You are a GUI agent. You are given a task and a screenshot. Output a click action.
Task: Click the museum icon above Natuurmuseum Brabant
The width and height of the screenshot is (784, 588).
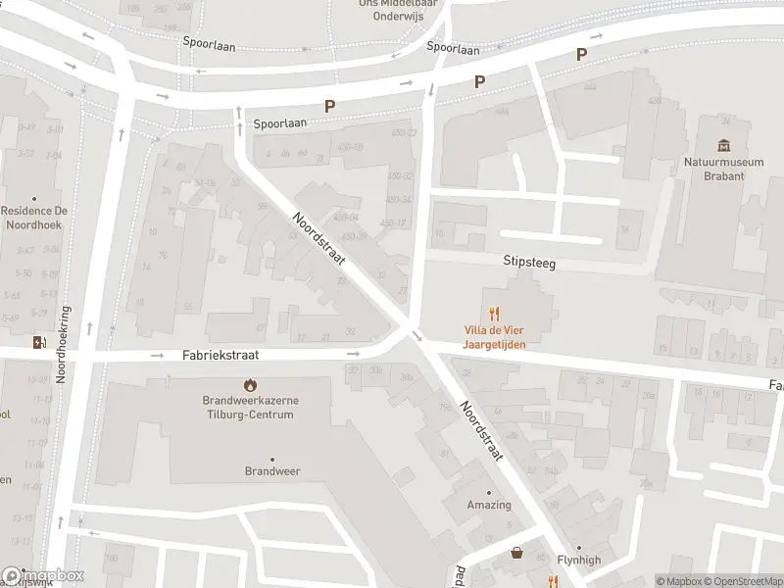724,146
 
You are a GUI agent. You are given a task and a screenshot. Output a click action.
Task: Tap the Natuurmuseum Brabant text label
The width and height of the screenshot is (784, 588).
724,169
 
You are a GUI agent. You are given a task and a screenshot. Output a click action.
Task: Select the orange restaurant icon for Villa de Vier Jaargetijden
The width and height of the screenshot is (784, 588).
495,314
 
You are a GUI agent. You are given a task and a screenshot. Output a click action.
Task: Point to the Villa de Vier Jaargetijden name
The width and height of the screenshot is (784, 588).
495,338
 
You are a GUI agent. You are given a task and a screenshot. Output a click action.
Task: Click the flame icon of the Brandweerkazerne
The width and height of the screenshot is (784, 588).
249,384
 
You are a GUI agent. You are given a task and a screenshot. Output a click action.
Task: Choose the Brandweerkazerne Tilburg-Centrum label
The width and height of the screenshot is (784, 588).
249,408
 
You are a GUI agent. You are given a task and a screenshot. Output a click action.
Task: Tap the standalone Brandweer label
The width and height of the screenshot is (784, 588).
271,471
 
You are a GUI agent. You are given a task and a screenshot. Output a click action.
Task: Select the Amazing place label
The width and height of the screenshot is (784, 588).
489,505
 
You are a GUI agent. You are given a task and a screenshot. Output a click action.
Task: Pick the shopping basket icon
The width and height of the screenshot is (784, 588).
516,554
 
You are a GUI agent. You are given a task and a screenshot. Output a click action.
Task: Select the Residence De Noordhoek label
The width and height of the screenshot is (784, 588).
33,218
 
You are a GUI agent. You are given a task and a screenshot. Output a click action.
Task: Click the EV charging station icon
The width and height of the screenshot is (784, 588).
39,342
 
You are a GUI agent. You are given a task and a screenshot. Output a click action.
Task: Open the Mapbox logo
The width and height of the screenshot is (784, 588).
43,576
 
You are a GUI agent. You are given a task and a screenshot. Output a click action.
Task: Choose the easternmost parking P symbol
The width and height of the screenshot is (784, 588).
582,55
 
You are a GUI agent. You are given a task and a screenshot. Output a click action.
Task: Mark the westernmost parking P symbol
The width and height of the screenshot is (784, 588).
330,106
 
